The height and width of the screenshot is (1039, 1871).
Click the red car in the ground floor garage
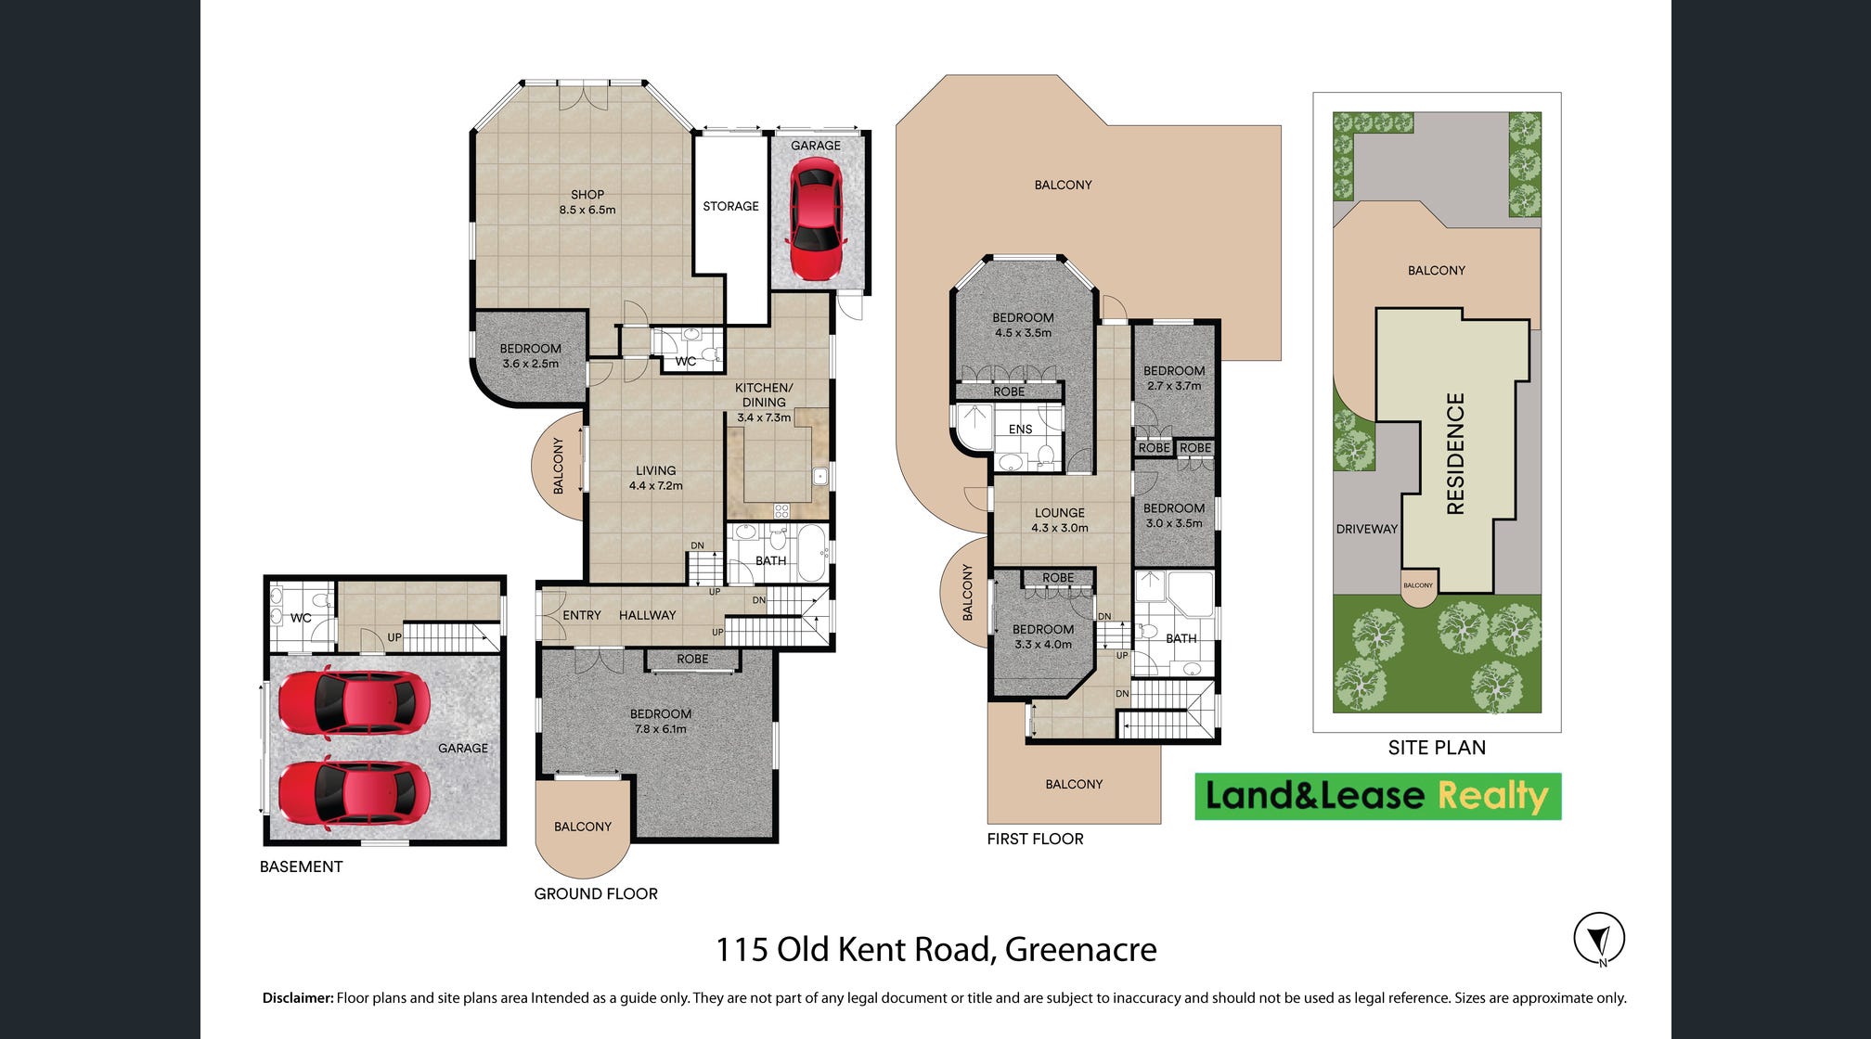pos(817,219)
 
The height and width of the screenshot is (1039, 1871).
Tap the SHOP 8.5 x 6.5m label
pos(587,202)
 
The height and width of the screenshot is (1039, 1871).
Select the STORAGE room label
pos(730,206)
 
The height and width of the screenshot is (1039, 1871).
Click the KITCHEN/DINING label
pos(764,395)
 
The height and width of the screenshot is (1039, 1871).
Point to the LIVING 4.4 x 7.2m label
pos(655,478)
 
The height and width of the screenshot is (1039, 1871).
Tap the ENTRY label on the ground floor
pos(582,615)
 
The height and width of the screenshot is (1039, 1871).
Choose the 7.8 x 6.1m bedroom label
pos(661,721)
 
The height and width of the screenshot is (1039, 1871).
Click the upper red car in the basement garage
pos(354,703)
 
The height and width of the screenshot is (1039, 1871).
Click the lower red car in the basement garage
pos(354,794)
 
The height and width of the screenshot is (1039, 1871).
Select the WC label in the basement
pos(301,618)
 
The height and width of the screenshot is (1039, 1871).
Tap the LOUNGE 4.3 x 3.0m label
pos(1060,519)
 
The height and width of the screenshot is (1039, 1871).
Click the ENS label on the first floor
pos(1020,430)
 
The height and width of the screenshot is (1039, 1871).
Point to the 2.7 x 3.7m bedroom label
pos(1174,378)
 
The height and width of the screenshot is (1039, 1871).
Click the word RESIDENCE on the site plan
pos(1455,454)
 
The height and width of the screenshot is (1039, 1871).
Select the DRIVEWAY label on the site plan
pos(1366,529)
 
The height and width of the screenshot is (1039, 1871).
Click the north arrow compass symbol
pos(1599,939)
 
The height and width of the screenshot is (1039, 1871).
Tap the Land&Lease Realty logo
pos(1377,796)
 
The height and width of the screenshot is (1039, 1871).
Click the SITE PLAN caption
pos(1437,748)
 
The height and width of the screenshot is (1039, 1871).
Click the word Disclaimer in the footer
pos(298,998)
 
